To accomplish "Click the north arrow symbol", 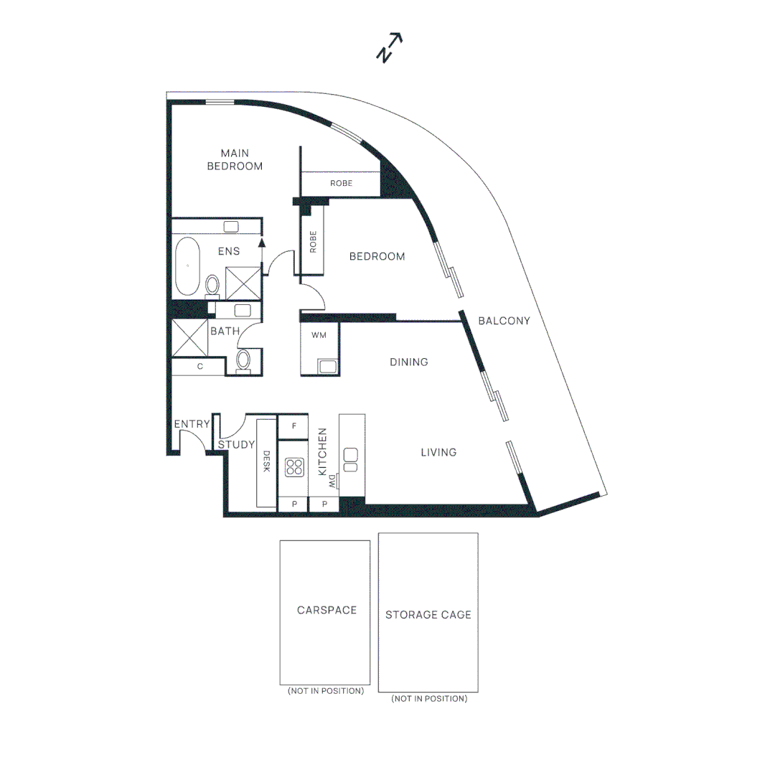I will pyautogui.click(x=389, y=47).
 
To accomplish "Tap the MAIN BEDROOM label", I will pyautogui.click(x=235, y=159).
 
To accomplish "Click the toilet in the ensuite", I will pyautogui.click(x=212, y=286).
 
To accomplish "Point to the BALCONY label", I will pyautogui.click(x=504, y=321).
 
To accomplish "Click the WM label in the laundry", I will pyautogui.click(x=319, y=335).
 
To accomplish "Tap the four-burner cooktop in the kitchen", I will pyautogui.click(x=293, y=468).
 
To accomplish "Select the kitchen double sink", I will pyautogui.click(x=351, y=459).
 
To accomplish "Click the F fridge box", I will pyautogui.click(x=293, y=425).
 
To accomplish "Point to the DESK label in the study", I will pyautogui.click(x=266, y=461).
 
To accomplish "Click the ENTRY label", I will pyautogui.click(x=192, y=424).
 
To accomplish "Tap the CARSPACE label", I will pyautogui.click(x=327, y=610).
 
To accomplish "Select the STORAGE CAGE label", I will pyautogui.click(x=428, y=615).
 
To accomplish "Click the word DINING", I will pyautogui.click(x=409, y=362).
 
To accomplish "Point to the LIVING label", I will pyautogui.click(x=438, y=452).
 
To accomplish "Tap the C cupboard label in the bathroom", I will pyautogui.click(x=200, y=367).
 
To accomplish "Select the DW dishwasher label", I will pyautogui.click(x=332, y=483).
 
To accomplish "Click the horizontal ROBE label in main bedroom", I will pyautogui.click(x=341, y=184).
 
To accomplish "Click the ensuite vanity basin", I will pyautogui.click(x=231, y=227).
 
